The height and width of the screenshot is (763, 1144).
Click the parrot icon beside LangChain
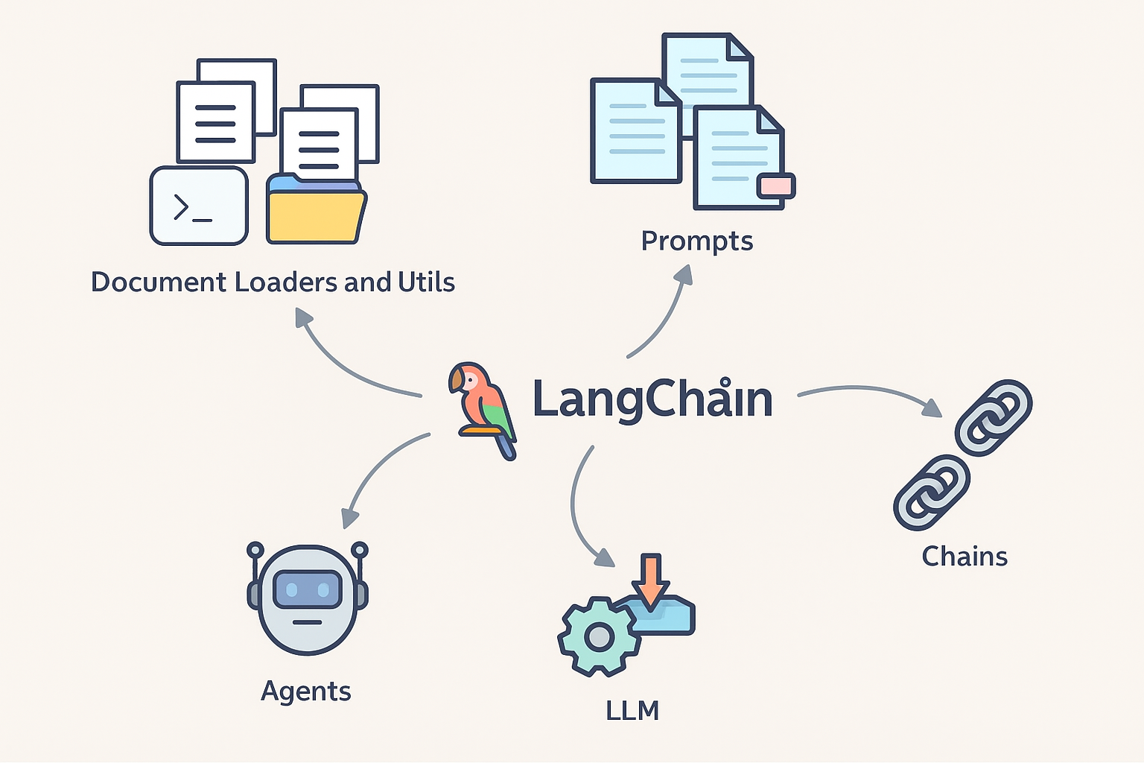(482, 408)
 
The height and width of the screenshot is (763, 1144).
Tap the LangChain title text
(652, 399)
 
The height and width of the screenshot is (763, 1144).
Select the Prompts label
(697, 241)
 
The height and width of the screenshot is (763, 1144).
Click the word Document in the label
(158, 282)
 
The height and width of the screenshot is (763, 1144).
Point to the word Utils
(426, 282)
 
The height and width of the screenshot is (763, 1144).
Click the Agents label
(305, 691)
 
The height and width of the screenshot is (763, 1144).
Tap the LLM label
(632, 711)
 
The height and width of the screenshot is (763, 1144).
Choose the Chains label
(965, 557)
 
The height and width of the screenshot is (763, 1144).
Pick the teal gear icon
(599, 636)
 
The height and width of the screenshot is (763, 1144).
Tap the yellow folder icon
(316, 213)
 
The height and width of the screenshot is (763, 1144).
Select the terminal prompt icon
(199, 206)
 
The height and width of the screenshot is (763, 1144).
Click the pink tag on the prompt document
(776, 186)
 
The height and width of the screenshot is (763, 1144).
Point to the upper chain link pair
(994, 417)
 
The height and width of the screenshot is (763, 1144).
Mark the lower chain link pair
(931, 493)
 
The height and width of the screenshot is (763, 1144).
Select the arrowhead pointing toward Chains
(932, 408)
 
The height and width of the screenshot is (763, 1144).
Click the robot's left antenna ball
(255, 550)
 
